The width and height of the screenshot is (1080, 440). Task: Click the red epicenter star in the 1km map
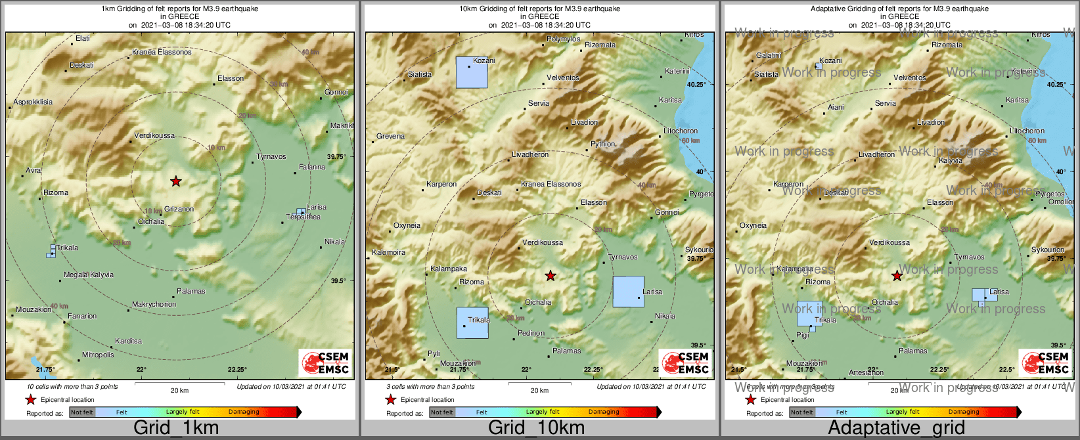coord(175,181)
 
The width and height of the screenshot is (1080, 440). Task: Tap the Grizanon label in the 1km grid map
coord(179,209)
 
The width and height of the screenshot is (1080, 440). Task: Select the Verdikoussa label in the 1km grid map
coord(154,135)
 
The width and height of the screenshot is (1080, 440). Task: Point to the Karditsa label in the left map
coord(128,341)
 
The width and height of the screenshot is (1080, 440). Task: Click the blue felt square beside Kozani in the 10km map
coord(472,72)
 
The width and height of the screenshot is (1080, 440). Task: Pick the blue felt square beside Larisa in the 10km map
coord(628,292)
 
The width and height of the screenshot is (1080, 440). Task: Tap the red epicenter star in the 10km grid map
coord(551,276)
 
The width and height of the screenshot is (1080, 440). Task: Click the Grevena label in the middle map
coord(390,136)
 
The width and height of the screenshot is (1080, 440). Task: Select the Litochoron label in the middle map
coord(681,131)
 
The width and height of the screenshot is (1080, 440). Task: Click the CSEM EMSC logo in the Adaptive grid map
coord(1044,363)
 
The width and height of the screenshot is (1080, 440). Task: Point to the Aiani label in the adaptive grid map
coord(836,107)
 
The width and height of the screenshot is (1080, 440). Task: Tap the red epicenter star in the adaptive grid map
coord(897,276)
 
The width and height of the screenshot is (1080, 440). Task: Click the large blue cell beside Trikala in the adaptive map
coord(809,313)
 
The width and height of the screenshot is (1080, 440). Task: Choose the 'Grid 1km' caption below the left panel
coord(175,428)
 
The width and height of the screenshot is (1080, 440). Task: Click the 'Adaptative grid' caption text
coord(896,428)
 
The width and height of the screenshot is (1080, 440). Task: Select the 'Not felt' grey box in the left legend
coord(82,412)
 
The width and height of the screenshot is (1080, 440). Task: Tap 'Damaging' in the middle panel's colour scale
coord(604,412)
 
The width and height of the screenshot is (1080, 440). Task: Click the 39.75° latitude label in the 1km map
coord(336,156)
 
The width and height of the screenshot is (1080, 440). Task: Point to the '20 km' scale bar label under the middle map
coord(539,390)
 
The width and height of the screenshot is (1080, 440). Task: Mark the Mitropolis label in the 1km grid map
coord(98,355)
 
